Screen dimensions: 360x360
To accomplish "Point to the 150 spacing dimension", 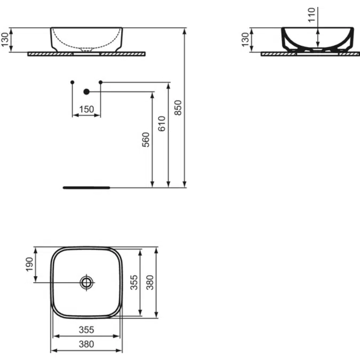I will tap(86, 109).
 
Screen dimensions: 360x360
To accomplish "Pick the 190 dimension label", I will tap(30, 264).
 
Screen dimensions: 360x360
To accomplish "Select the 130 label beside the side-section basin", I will tap(246, 40).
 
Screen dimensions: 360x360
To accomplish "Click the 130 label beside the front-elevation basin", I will tap(5, 40).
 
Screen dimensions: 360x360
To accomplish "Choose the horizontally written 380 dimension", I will tap(86, 345).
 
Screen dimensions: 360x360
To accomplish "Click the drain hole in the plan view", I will tap(86, 282).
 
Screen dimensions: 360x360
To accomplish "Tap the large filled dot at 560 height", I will tap(86, 92).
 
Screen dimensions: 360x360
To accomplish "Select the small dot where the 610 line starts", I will tap(100, 82).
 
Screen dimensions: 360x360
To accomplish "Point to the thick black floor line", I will tap(86, 188).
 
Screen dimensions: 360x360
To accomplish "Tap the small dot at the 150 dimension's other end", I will tap(72, 82).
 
